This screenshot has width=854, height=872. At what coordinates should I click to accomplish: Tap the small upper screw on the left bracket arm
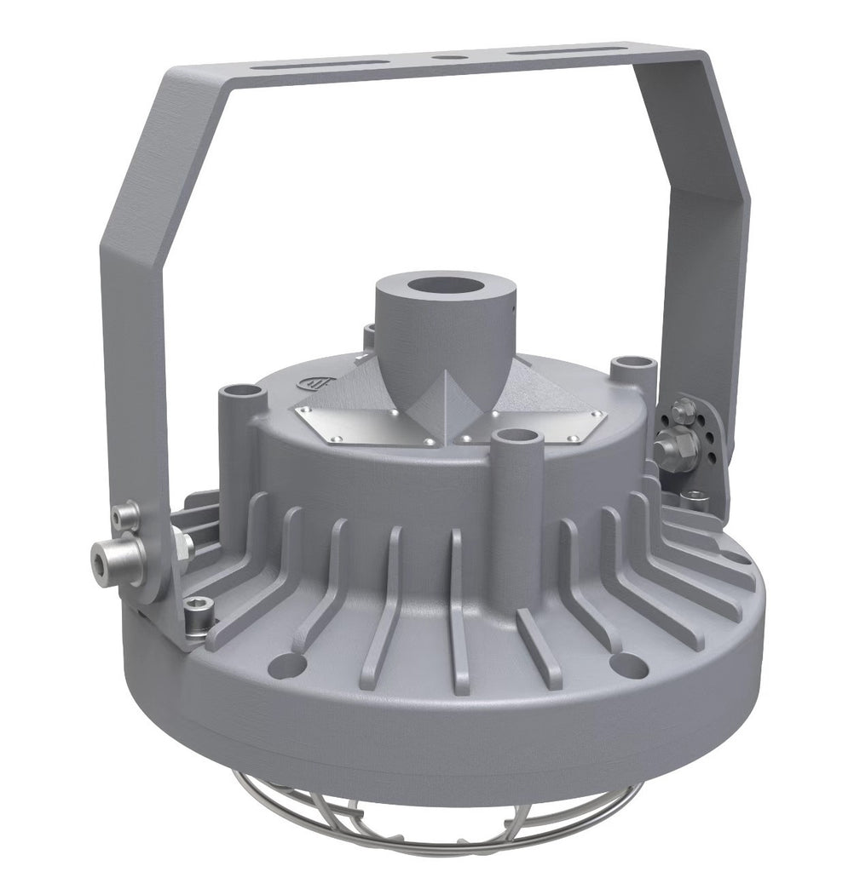pyautogui.click(x=126, y=513)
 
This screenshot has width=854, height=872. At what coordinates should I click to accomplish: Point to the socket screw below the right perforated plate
pyautogui.click(x=694, y=497)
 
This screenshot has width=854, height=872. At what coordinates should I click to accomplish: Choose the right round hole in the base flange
pyautogui.click(x=628, y=663)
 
